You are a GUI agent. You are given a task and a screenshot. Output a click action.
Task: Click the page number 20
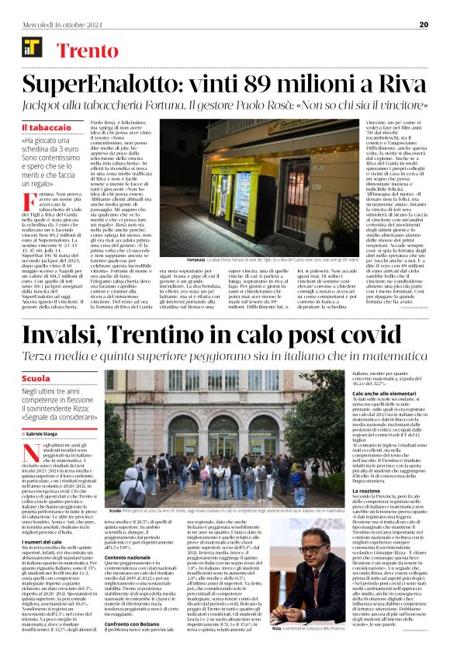click(x=423, y=24)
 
